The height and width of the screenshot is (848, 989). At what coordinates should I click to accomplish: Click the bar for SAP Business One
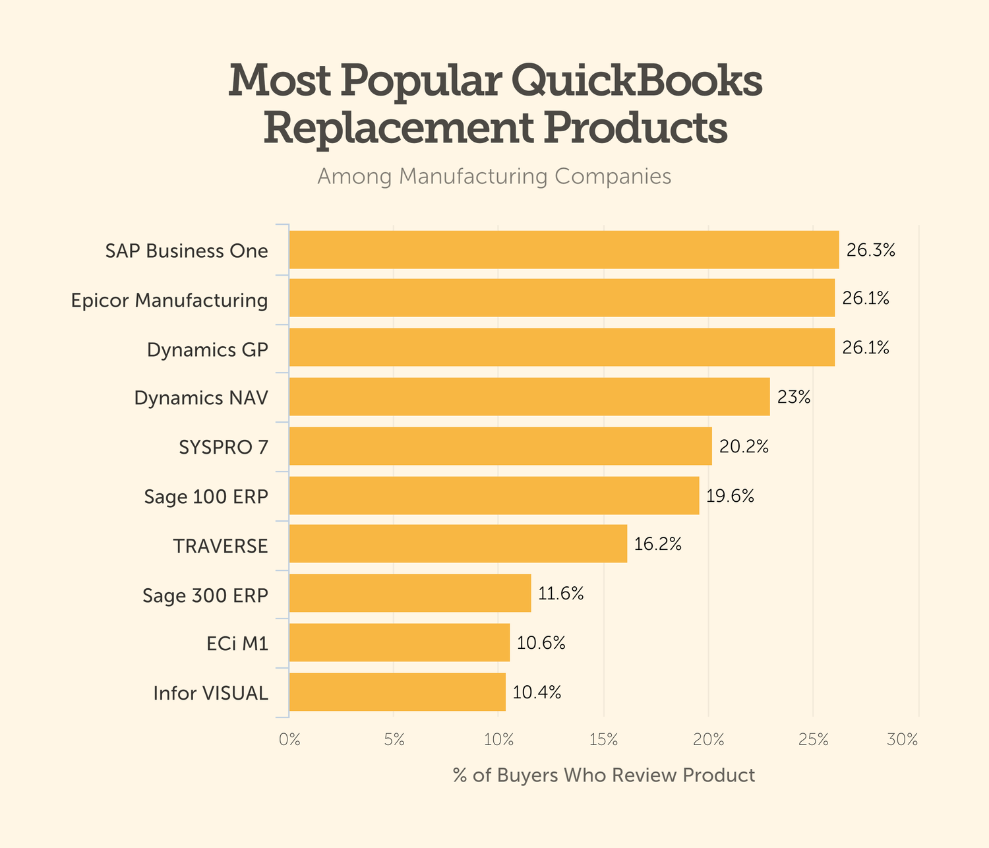564,250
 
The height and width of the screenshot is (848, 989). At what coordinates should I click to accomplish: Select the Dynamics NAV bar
529,397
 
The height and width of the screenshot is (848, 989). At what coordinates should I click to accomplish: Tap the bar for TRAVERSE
458,544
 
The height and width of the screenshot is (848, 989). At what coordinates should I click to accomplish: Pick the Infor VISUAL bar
398,692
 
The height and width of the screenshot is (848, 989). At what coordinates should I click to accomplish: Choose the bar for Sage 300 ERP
410,593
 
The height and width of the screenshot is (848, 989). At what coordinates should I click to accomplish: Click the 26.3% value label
870,251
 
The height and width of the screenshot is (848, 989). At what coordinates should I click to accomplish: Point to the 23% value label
794,398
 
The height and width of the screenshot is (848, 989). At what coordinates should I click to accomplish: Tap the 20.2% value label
744,447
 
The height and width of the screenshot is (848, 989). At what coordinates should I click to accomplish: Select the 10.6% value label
541,643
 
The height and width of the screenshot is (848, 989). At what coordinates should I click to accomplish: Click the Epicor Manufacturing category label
169,301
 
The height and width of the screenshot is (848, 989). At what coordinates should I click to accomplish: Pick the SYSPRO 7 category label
224,448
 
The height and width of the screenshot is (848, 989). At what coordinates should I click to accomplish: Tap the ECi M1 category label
237,644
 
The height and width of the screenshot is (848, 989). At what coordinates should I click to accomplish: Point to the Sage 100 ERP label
206,497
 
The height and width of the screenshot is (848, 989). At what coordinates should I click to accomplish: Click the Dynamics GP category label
208,349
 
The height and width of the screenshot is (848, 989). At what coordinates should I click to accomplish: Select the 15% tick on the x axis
603,740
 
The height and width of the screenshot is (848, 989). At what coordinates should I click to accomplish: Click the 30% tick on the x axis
902,740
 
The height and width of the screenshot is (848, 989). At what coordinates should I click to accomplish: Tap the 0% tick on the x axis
289,740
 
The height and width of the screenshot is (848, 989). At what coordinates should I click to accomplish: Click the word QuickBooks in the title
636,82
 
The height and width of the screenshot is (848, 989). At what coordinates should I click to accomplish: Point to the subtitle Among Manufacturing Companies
494,177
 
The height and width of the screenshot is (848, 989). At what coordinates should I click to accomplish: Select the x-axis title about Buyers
604,775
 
